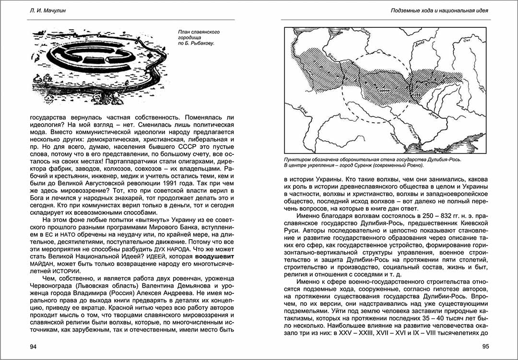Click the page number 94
point(34,347)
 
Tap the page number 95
point(485,347)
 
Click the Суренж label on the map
point(383,89)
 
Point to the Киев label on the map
point(418,93)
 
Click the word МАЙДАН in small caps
point(42,264)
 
